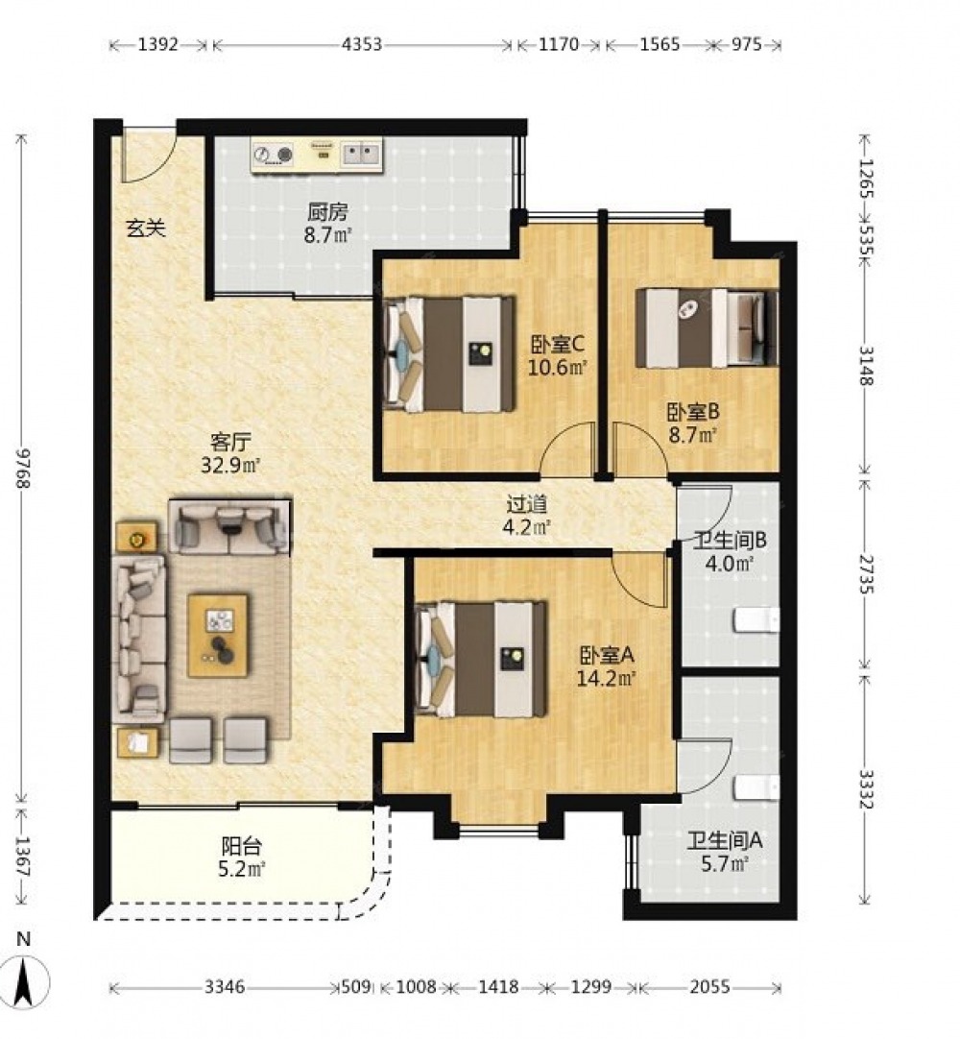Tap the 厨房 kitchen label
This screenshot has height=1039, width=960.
(x=327, y=213)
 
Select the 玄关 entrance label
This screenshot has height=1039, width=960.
(x=146, y=228)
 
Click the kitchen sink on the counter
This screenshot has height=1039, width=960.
(x=361, y=155)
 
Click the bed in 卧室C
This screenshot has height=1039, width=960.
(x=450, y=353)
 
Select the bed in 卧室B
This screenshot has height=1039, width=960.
(x=707, y=327)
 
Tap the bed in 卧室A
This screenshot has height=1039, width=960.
(x=482, y=659)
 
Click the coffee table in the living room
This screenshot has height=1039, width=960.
(x=218, y=635)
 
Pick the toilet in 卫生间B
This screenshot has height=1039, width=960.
(x=756, y=620)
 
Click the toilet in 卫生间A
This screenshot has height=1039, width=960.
(x=756, y=787)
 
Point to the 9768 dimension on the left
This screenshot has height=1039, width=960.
(x=25, y=469)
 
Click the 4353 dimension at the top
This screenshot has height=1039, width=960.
(x=362, y=44)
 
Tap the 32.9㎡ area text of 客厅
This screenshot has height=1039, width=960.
(x=229, y=465)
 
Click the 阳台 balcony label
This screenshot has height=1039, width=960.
(x=242, y=846)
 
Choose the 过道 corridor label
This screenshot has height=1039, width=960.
(x=527, y=504)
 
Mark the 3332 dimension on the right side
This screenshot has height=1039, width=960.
(x=866, y=790)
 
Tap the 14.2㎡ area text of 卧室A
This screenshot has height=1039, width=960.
(x=606, y=679)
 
